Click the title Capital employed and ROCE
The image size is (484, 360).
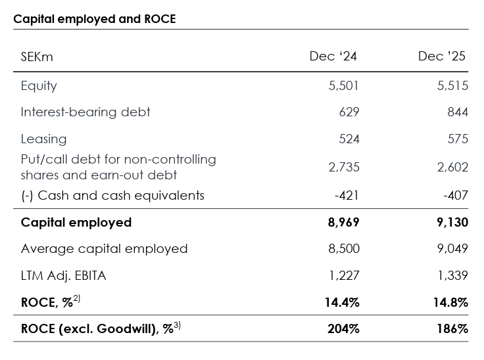[x=95, y=19]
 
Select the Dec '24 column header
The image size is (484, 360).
[x=333, y=56]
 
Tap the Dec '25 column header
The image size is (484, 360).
[x=441, y=56]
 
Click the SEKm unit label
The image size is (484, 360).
[x=37, y=57]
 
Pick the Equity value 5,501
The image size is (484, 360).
[x=343, y=86]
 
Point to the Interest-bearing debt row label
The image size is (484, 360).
[x=85, y=112]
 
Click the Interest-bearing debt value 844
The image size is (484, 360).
[x=457, y=112]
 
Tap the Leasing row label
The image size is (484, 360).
[x=43, y=139]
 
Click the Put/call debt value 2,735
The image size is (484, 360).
[x=343, y=168]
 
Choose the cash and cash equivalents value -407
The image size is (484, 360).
[x=454, y=196]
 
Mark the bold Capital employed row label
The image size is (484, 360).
[x=76, y=223]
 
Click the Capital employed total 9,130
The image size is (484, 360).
[x=452, y=223]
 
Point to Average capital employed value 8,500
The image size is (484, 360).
[x=343, y=249]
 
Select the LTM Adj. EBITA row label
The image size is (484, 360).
[x=63, y=276]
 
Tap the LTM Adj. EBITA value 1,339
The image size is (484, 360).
[x=453, y=276]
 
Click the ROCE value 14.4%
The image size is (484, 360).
[x=342, y=303]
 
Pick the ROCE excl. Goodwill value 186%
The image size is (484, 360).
[x=452, y=329]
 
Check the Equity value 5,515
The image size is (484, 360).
[x=453, y=86]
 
